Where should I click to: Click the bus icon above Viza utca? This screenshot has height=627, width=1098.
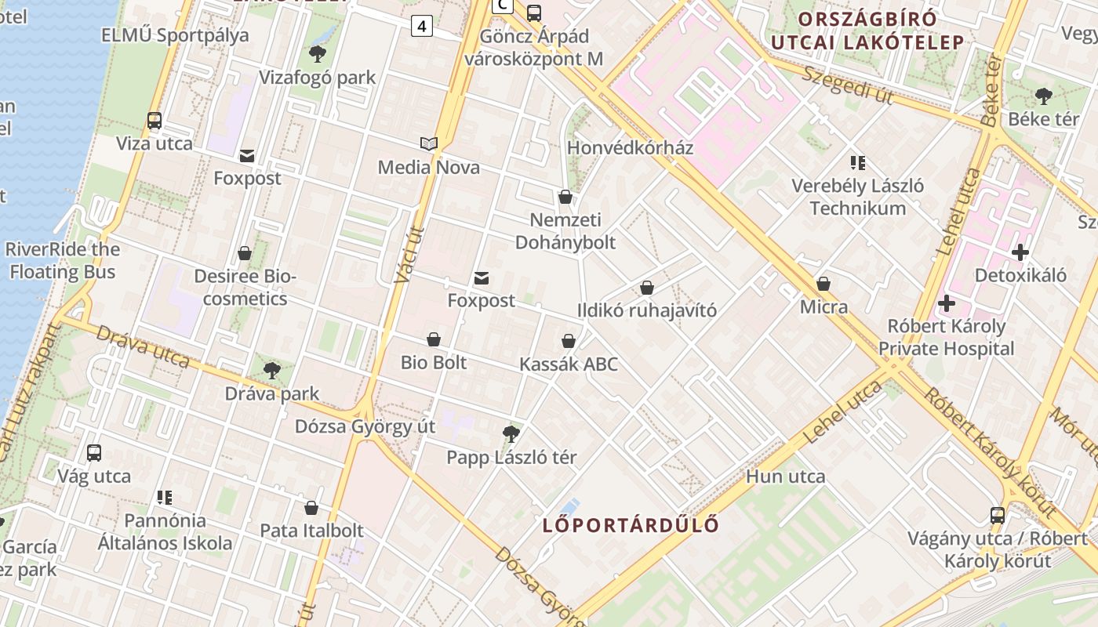(155, 121)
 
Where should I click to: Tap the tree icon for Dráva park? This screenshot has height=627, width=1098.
(272, 370)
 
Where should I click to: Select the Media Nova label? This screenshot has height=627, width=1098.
(428, 167)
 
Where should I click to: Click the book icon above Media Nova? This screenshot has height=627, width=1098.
(428, 144)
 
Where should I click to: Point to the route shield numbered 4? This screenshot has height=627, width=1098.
(422, 26)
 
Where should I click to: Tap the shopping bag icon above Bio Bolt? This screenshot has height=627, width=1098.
(434, 339)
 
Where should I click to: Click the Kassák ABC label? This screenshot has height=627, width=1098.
(569, 364)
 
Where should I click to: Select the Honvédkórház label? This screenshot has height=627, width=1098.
(630, 147)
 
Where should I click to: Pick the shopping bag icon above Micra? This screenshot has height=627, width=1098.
(823, 284)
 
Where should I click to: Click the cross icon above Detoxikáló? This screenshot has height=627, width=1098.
(1020, 252)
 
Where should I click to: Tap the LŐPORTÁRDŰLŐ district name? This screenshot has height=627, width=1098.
(631, 525)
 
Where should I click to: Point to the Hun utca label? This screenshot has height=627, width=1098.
(785, 477)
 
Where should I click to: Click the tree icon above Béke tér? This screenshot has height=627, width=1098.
(1043, 96)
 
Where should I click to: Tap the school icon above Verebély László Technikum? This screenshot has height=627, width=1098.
(857, 163)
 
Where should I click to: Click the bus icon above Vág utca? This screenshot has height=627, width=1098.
(94, 452)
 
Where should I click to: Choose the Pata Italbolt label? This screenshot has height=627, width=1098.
(311, 531)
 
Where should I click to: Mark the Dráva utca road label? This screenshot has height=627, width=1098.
(142, 346)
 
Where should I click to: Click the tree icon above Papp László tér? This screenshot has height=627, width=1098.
(511, 433)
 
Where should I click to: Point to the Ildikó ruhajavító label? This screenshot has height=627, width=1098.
(647, 310)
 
